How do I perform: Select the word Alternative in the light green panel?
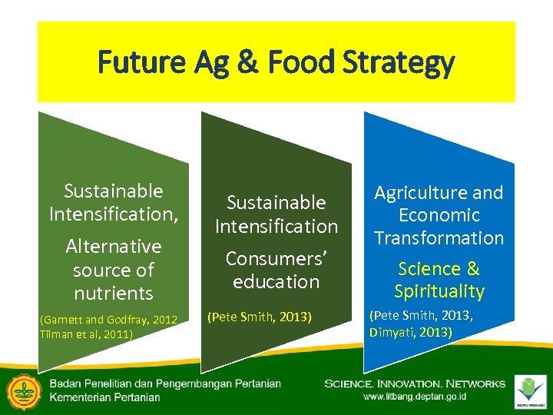[114, 246]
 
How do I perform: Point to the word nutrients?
[114, 293]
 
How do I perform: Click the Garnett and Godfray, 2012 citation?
[108, 319]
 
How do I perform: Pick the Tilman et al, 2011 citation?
[85, 334]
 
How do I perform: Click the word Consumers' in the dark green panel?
[276, 258]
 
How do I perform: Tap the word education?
[276, 281]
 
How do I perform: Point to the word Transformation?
[439, 237]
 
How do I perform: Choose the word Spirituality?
[439, 291]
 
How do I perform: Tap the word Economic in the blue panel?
[439, 215]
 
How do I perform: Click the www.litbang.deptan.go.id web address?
[415, 397]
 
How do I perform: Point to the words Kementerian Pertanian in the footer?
[105, 397]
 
